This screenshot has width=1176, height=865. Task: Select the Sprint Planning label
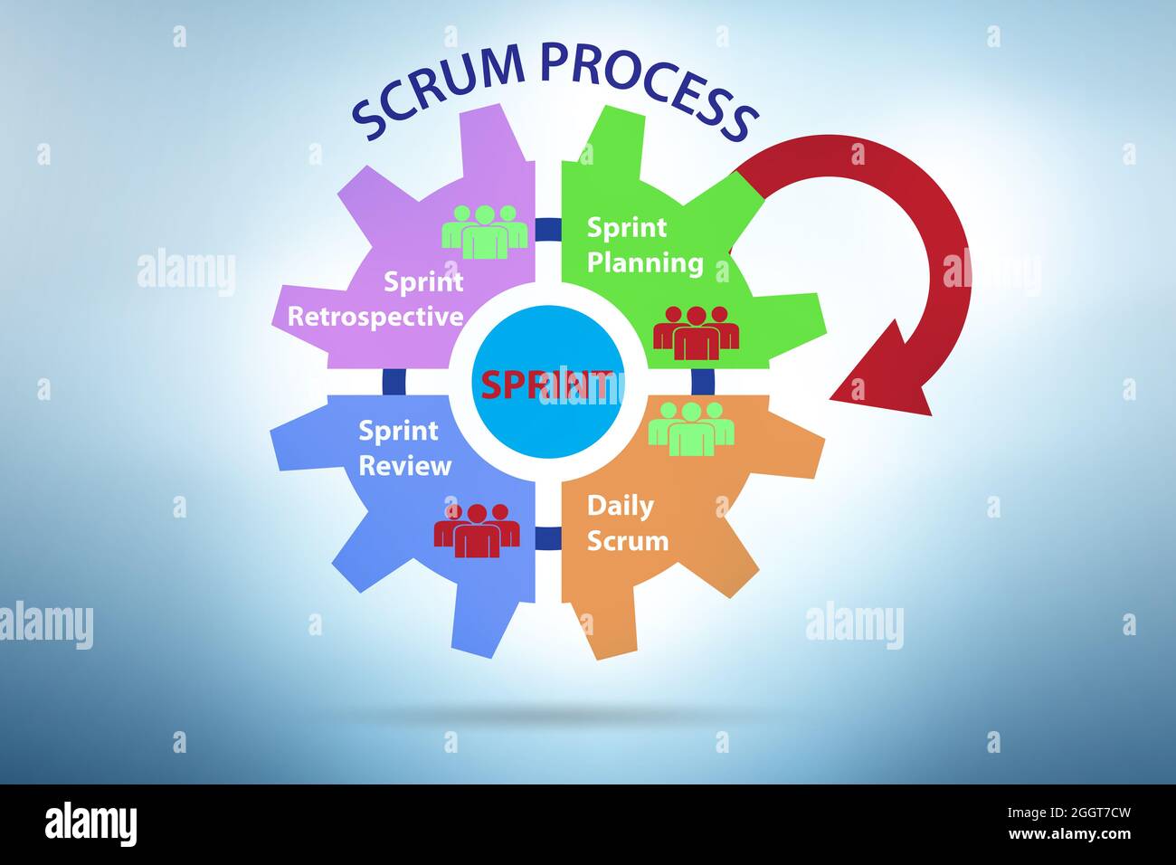click(644, 245)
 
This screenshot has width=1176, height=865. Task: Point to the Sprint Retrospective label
click(375, 299)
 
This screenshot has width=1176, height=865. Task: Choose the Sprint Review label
click(404, 448)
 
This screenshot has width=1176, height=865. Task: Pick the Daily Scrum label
click(627, 523)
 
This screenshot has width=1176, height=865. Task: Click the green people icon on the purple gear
click(485, 232)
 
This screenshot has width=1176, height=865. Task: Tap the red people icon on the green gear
click(696, 332)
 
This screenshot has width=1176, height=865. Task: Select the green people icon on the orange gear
click(691, 428)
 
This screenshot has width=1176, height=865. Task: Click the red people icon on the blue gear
click(477, 529)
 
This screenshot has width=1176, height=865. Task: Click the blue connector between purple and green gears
click(547, 230)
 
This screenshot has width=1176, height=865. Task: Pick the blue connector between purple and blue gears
click(393, 381)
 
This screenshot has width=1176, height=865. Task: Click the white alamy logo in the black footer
click(91, 824)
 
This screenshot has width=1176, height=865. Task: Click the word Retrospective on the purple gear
click(375, 317)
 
